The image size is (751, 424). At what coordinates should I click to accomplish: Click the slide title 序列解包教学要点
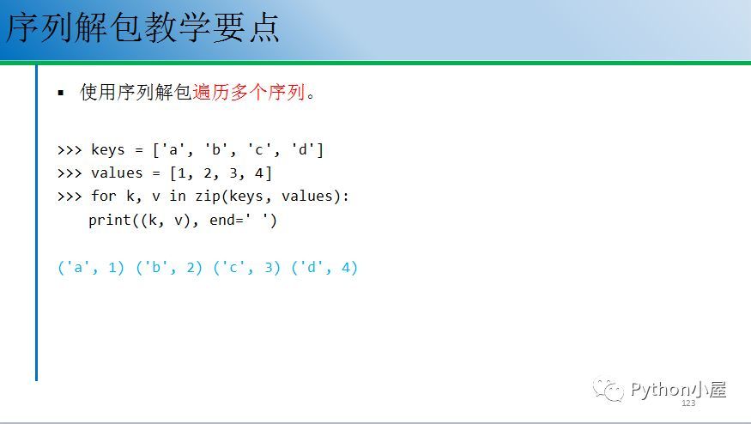[142, 27]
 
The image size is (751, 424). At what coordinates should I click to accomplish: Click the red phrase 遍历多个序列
[249, 92]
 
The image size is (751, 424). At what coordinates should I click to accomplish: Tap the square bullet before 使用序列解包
[60, 93]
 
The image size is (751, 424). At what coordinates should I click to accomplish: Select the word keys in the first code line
[108, 150]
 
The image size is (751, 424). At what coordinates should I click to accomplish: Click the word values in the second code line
[117, 173]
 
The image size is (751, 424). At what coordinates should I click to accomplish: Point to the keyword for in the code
[104, 196]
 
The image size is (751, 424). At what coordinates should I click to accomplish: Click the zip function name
[208, 197]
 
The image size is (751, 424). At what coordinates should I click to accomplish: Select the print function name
[110, 220]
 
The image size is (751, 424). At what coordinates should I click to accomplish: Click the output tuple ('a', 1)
[90, 267]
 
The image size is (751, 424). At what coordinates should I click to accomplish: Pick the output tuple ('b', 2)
[168, 267]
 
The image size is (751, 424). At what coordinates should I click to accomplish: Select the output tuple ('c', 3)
[246, 267]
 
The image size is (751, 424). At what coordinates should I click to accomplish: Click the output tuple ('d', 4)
[324, 267]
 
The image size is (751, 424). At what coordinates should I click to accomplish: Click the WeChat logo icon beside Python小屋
[609, 390]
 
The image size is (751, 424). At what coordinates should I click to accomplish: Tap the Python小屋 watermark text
[679, 390]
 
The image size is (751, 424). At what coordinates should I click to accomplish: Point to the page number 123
[688, 403]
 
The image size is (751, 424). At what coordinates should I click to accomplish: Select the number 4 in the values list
[259, 173]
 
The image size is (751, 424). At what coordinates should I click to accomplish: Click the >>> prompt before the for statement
[70, 197]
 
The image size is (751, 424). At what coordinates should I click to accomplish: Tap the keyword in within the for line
[177, 196]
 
